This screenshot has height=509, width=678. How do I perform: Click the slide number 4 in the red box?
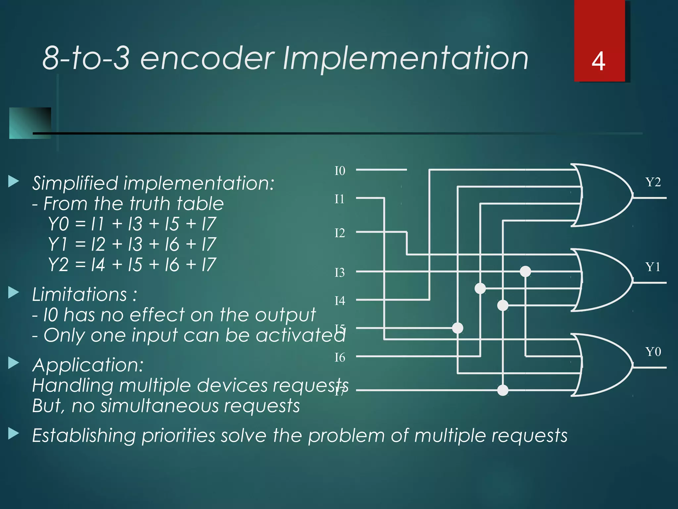point(598,62)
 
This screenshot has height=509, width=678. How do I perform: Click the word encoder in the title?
point(207,58)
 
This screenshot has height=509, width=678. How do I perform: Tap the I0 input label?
point(340,171)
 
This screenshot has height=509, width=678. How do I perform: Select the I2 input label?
point(340,233)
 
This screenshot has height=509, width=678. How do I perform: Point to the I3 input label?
point(340,273)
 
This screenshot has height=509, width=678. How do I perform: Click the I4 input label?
point(340,301)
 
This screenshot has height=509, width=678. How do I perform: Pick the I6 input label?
point(340,358)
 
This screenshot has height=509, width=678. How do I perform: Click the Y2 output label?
point(653,182)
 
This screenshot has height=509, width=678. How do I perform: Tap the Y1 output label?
point(653,267)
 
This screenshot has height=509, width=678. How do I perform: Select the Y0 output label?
point(653,352)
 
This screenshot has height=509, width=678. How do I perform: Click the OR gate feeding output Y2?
point(603,196)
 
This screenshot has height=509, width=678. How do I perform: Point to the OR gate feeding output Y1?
point(603,280)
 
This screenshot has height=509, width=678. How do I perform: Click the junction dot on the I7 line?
point(503,390)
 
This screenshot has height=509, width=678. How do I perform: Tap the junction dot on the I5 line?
point(458,328)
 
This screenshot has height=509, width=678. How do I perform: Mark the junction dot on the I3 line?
point(525,271)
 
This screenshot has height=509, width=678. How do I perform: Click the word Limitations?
point(79,294)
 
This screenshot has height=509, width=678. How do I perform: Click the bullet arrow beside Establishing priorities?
point(14,434)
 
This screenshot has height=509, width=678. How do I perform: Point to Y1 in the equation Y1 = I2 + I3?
point(58,244)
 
